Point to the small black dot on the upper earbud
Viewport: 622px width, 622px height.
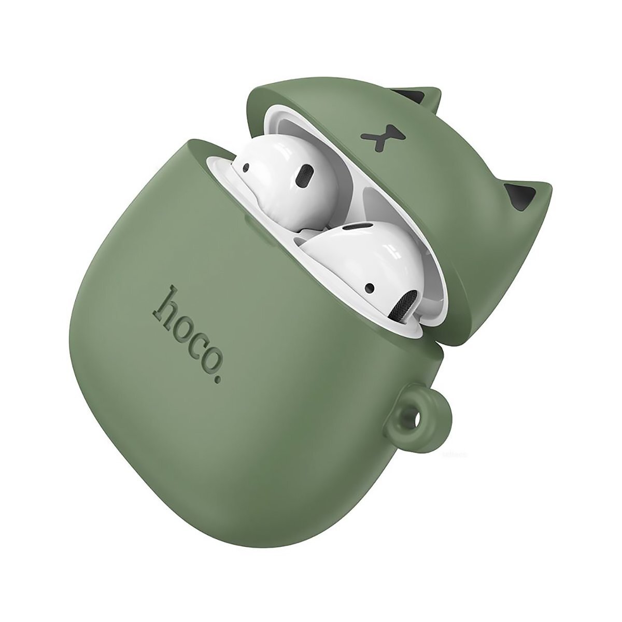click(247, 168)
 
